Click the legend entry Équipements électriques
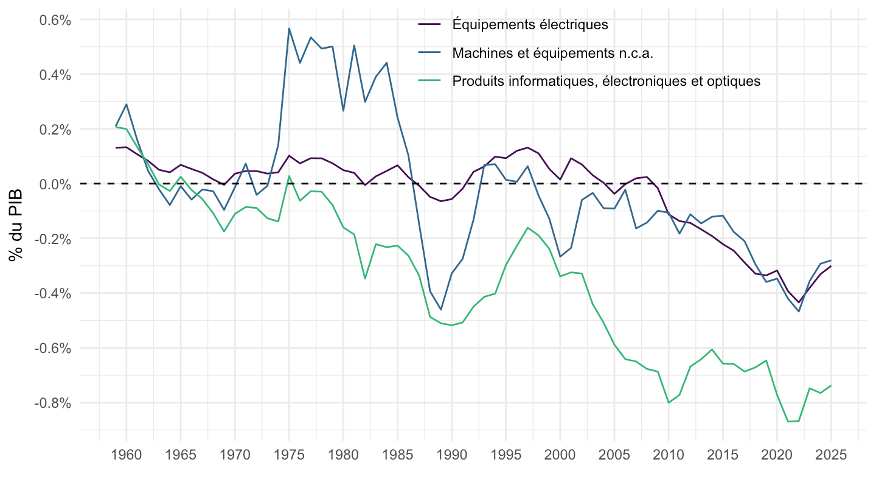[x=530, y=24]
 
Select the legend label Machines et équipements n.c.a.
[x=552, y=53]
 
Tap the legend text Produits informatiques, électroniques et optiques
[x=606, y=82]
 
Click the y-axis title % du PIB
[x=16, y=225]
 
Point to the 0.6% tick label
[x=55, y=20]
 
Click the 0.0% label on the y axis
[x=55, y=184]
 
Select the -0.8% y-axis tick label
[x=53, y=403]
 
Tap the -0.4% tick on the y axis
[x=53, y=293]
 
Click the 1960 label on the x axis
[x=127, y=455]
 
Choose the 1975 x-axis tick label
[x=289, y=455]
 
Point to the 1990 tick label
[x=451, y=455]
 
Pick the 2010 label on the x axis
[x=669, y=455]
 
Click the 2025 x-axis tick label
[x=831, y=455]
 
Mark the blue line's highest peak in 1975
[x=289, y=29]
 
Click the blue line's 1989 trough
[x=441, y=309]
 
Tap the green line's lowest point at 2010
[x=669, y=403]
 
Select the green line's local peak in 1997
[x=527, y=228]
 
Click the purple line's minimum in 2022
[x=799, y=302]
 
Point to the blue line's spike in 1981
[x=354, y=46]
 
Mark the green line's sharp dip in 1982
[x=365, y=279]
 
